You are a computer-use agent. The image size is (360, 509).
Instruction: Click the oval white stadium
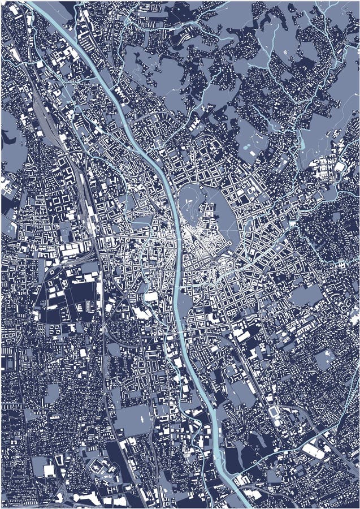click(275, 411)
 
